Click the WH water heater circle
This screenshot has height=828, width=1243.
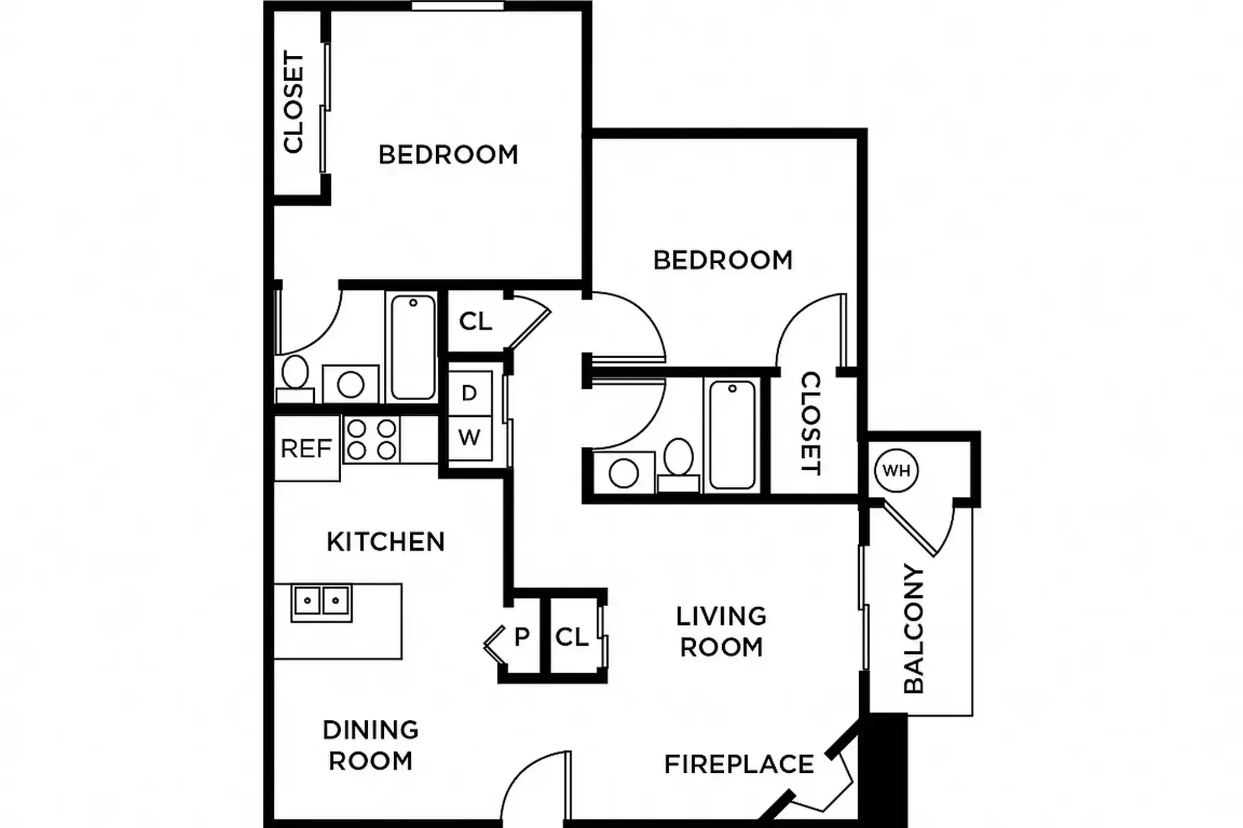896,470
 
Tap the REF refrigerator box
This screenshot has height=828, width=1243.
306,448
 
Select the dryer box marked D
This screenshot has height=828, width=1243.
470,393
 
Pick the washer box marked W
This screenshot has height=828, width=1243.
470,438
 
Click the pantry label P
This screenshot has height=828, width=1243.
521,637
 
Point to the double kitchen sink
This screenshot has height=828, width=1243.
321,602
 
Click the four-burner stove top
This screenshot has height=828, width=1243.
372,439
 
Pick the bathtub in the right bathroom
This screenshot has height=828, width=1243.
732,435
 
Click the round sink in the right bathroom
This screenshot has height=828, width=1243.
623,474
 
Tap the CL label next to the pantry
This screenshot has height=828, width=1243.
572,637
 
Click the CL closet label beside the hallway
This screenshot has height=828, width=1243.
475,321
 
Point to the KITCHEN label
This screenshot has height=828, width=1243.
386,542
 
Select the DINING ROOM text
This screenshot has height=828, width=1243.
371,745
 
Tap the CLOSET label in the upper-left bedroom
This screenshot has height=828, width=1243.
293,102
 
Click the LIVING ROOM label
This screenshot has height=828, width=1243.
721,631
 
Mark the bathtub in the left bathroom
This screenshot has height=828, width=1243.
413,347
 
